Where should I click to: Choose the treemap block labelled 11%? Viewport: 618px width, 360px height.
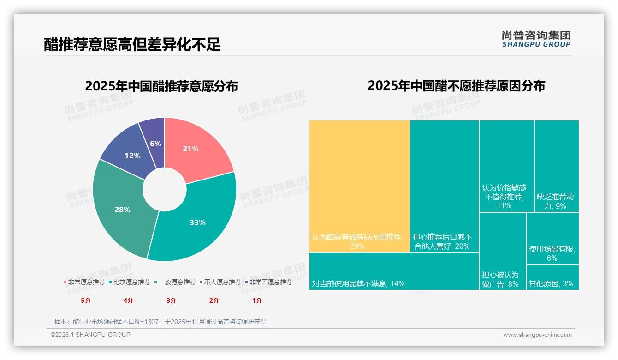point(506,166)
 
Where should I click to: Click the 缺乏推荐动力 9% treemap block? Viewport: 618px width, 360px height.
point(556,166)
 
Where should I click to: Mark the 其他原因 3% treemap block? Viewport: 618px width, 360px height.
point(552,278)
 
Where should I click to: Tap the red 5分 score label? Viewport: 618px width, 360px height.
point(86,300)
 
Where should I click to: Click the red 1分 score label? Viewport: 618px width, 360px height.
point(257,300)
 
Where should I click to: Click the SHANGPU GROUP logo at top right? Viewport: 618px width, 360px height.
point(536,39)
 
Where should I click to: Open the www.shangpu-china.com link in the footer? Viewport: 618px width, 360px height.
point(537,335)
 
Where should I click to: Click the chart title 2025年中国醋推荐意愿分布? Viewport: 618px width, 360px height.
point(161,86)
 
